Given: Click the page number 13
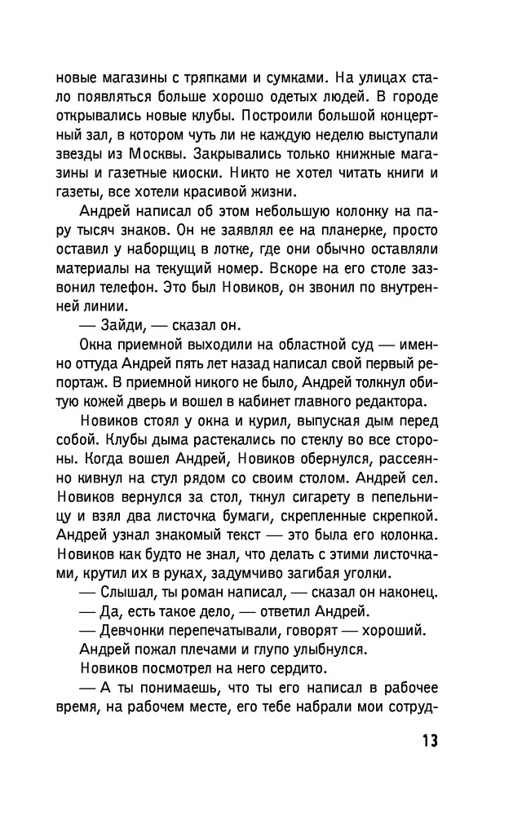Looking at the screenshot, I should (429, 741).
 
